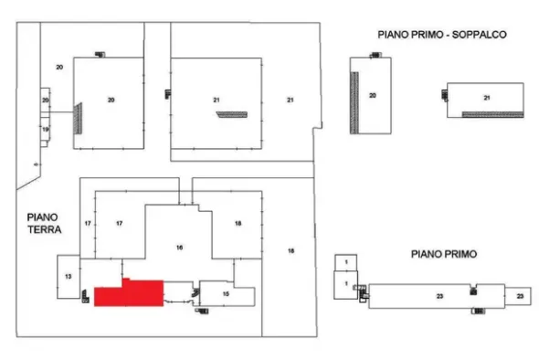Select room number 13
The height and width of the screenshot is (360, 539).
(x=69, y=277)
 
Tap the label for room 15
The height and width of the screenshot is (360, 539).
(x=226, y=294)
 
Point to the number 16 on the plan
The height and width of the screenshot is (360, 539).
(x=179, y=248)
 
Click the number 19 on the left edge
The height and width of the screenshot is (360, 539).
(x=46, y=130)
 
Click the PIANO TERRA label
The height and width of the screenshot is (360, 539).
(x=45, y=224)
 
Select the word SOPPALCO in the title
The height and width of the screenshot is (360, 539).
(x=480, y=35)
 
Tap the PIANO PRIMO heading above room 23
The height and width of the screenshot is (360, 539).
(x=444, y=254)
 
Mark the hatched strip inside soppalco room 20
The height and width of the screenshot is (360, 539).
(x=354, y=102)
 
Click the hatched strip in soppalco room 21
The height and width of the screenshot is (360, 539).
(x=492, y=114)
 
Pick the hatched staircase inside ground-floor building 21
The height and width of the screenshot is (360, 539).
(x=232, y=114)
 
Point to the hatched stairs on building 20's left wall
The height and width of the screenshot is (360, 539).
(x=78, y=118)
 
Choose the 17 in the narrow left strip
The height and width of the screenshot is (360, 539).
(x=88, y=224)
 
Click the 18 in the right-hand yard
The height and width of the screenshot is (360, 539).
(x=291, y=251)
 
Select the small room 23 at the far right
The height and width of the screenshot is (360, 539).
(x=518, y=296)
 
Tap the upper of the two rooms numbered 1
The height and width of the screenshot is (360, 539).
(x=346, y=263)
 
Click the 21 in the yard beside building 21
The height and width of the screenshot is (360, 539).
(x=291, y=101)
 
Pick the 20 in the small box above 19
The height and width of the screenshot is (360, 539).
(x=46, y=101)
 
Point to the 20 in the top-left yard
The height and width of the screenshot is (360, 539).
(x=59, y=68)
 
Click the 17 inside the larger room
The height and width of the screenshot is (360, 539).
(x=120, y=224)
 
